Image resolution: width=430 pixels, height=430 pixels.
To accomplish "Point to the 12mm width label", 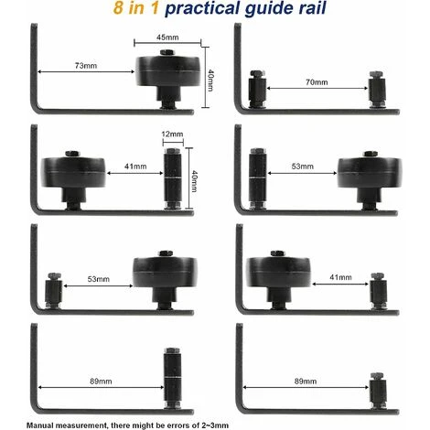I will click(171, 134).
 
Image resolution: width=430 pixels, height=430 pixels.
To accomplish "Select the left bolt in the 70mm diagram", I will click(258, 90).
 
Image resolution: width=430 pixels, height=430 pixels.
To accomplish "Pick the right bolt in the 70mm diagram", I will click(375, 90).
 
